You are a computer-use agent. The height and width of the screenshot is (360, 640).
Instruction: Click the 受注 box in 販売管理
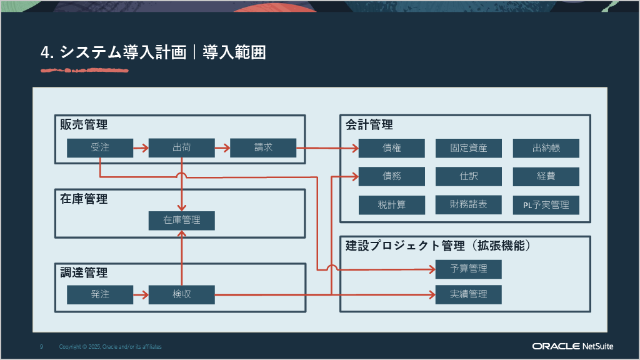point(100,148)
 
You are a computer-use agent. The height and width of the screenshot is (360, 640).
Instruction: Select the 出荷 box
point(181,148)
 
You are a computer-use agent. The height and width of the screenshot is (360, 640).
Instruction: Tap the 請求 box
point(263,148)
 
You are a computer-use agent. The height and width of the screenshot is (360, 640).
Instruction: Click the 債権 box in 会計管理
point(392,148)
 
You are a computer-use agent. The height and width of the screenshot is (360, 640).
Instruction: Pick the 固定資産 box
point(469,148)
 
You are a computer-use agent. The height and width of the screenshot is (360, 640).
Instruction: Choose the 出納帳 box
point(546,148)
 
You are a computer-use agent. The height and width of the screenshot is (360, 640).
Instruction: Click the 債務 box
point(392,176)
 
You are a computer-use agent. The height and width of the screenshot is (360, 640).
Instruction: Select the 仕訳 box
point(469,176)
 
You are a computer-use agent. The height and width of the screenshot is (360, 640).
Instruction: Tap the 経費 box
point(546,176)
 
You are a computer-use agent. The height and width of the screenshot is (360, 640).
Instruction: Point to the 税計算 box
point(392,204)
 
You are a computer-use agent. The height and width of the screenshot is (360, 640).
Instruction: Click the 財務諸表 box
point(469,204)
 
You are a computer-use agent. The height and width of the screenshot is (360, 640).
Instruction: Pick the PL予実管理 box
point(546,204)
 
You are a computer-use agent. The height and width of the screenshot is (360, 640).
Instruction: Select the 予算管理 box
point(469,269)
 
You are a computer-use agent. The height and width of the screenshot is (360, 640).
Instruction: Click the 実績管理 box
point(469,294)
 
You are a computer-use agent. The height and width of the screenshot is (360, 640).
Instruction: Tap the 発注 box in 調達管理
point(100,294)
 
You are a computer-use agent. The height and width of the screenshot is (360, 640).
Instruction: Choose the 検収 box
point(181,294)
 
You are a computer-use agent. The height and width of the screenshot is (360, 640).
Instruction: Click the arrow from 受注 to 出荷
point(141,148)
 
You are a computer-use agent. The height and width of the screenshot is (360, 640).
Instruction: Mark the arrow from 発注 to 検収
point(141,294)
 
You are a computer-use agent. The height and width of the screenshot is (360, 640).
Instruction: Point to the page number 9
point(41,346)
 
